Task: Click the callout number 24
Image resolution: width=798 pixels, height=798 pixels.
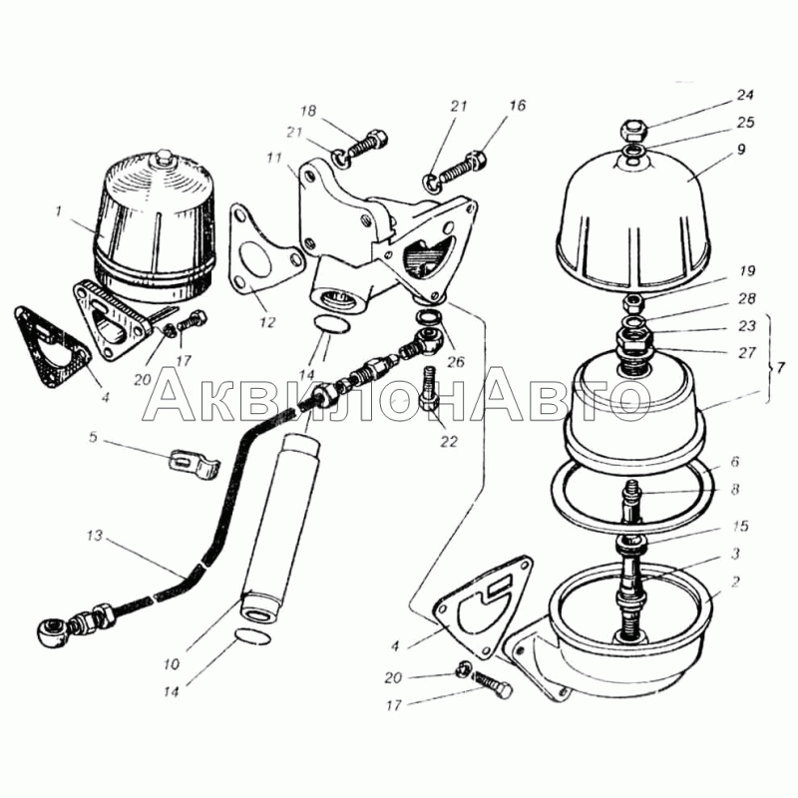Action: (745, 95)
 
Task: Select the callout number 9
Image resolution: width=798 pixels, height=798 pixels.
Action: (740, 149)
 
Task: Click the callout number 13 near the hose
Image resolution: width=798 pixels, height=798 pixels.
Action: (95, 536)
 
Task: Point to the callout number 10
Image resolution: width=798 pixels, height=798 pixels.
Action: (172, 663)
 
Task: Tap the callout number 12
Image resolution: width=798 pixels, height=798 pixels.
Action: (267, 322)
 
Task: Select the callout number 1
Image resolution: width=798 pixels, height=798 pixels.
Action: (58, 210)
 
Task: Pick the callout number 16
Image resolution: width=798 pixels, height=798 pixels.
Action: (517, 106)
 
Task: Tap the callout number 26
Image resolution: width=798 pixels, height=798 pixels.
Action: (456, 362)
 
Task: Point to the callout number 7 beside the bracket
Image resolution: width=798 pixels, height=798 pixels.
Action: (781, 367)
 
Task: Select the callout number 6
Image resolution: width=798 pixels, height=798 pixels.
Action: (734, 461)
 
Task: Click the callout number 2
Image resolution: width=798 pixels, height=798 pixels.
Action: (735, 581)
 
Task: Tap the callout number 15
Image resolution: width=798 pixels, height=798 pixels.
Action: (740, 526)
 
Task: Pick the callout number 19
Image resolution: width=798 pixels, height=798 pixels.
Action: (746, 271)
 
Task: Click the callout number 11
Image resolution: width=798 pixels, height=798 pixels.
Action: (273, 159)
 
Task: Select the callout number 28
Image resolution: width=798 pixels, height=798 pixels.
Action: (746, 298)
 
